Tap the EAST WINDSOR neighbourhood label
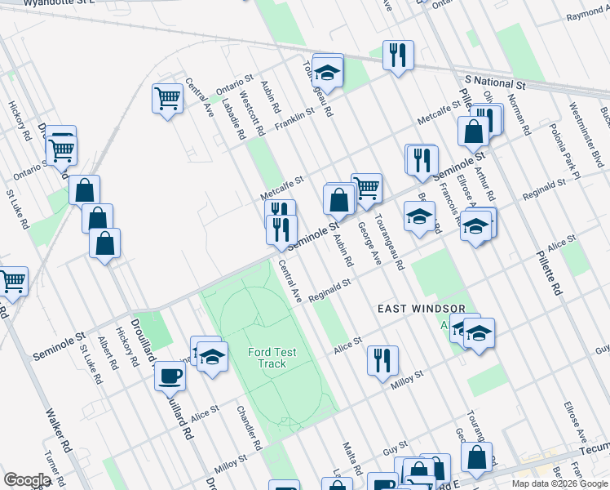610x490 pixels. (421, 310)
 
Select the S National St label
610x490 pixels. (495, 82)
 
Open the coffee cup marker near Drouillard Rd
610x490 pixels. (170, 376)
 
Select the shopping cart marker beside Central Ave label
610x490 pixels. (167, 99)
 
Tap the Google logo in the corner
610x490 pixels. (26, 479)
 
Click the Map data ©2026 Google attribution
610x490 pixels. (559, 483)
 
